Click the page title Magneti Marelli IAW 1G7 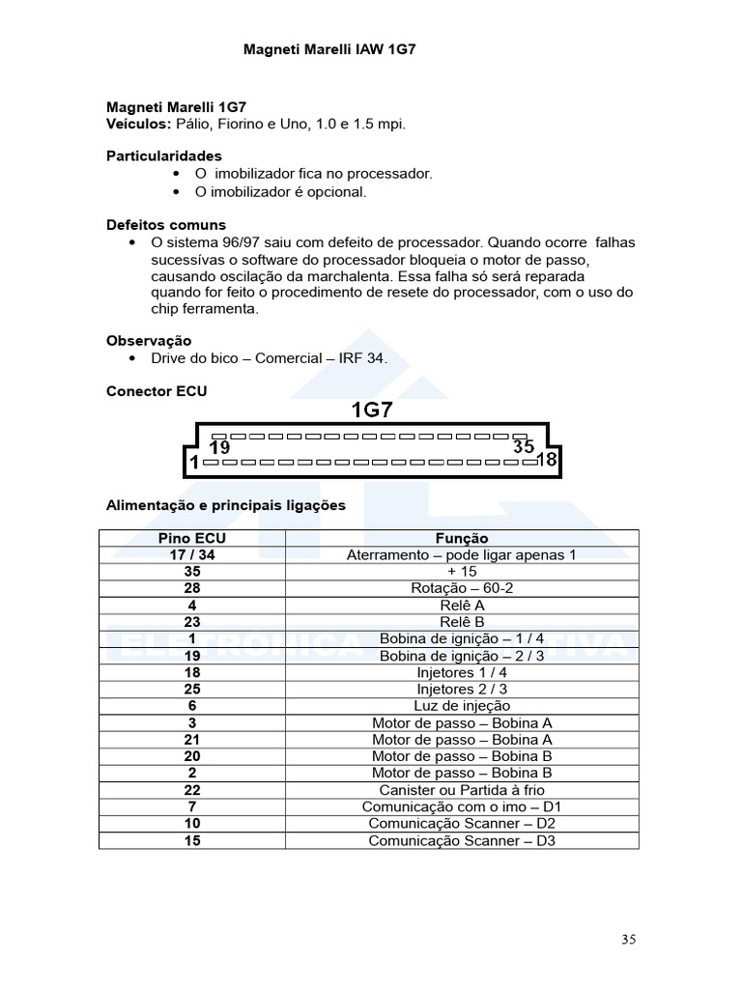pyautogui.click(x=328, y=47)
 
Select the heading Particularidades pyautogui.click(x=163, y=155)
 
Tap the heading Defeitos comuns pyautogui.click(x=165, y=224)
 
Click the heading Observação pyautogui.click(x=149, y=340)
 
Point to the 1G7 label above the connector pyautogui.click(x=371, y=410)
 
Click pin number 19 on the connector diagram pyautogui.click(x=220, y=448)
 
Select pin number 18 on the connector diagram pyautogui.click(x=546, y=460)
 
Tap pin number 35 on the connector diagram pyautogui.click(x=524, y=447)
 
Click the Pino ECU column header pyautogui.click(x=192, y=538)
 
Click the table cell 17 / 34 pyautogui.click(x=192, y=554)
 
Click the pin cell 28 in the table pyautogui.click(x=192, y=588)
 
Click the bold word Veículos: pyautogui.click(x=138, y=125)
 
